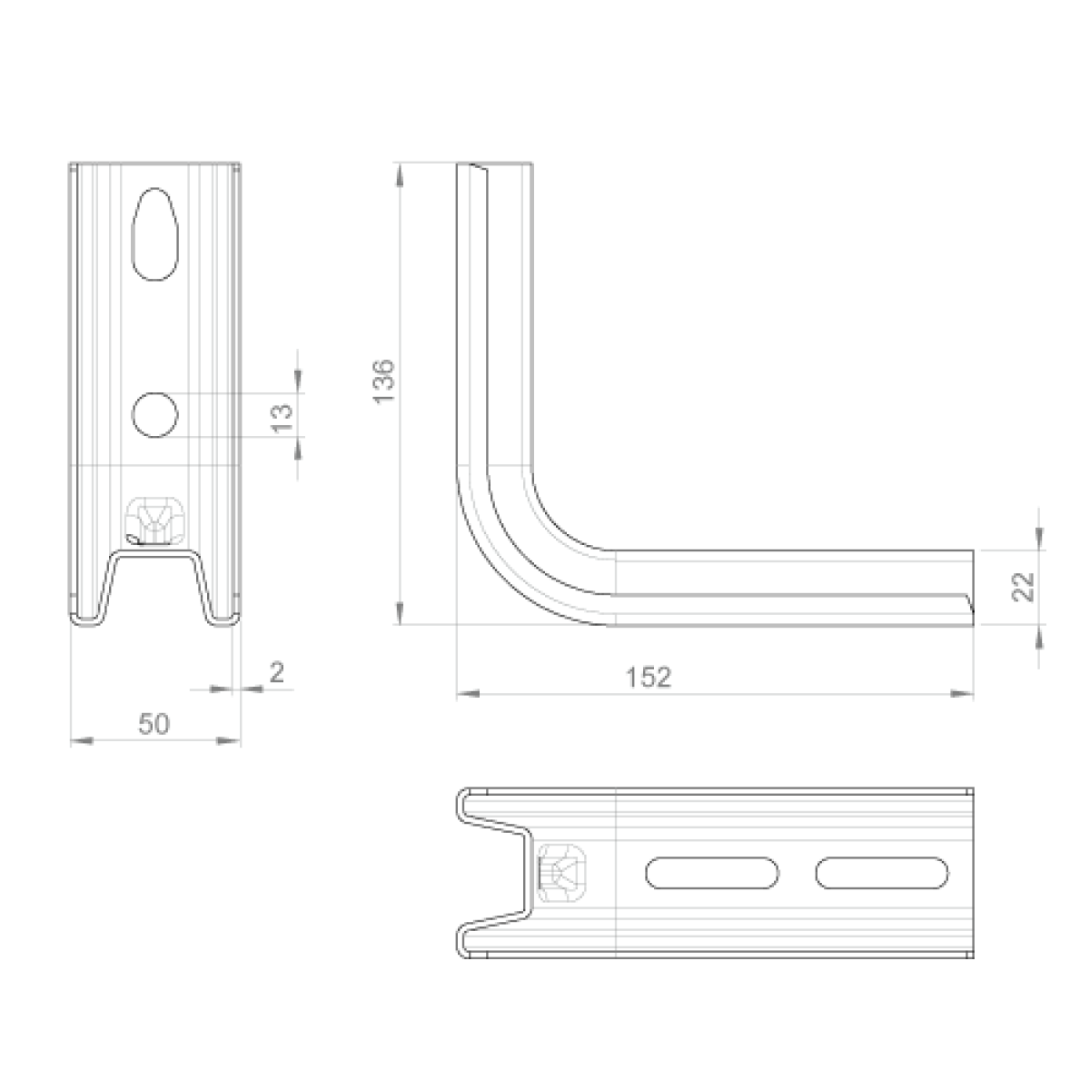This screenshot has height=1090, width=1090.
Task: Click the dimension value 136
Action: tap(385, 381)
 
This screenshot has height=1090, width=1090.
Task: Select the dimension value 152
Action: tap(649, 678)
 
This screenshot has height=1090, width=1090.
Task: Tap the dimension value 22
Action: tap(1024, 587)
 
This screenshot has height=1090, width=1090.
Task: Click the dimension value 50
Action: tap(154, 724)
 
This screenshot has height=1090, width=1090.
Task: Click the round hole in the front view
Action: tap(154, 415)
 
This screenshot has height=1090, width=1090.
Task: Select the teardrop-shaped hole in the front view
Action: tap(154, 233)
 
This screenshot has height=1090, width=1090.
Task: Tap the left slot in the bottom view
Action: tap(713, 873)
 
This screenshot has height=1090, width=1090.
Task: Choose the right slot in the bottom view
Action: tap(882, 873)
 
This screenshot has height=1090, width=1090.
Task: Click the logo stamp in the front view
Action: tap(154, 522)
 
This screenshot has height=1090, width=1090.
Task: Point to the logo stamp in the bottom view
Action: tap(563, 873)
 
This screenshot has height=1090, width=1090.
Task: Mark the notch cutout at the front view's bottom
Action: tap(154, 586)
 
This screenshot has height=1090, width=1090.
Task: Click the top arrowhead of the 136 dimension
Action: tap(398, 172)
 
